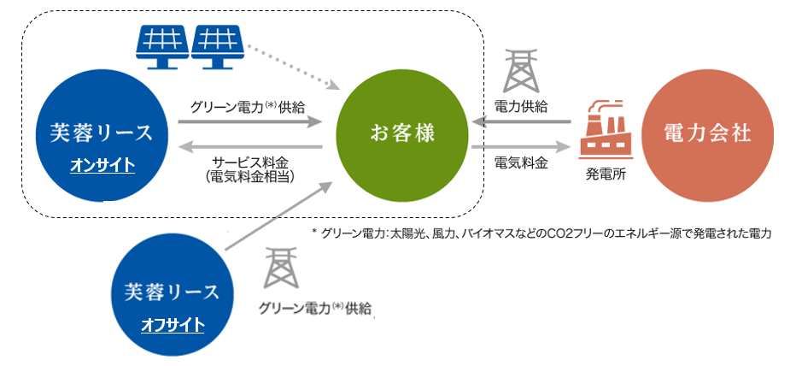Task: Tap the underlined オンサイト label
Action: pyautogui.click(x=102, y=165)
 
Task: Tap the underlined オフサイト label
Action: pyautogui.click(x=173, y=325)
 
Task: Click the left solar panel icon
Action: pyautogui.click(x=162, y=44)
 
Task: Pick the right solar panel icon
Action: pyautogui.click(x=218, y=44)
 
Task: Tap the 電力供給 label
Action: pyautogui.click(x=521, y=106)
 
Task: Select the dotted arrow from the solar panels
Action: pyautogui.click(x=294, y=68)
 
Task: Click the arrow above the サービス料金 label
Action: pyautogui.click(x=249, y=146)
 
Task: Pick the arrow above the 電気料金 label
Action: pyautogui.click(x=521, y=146)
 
